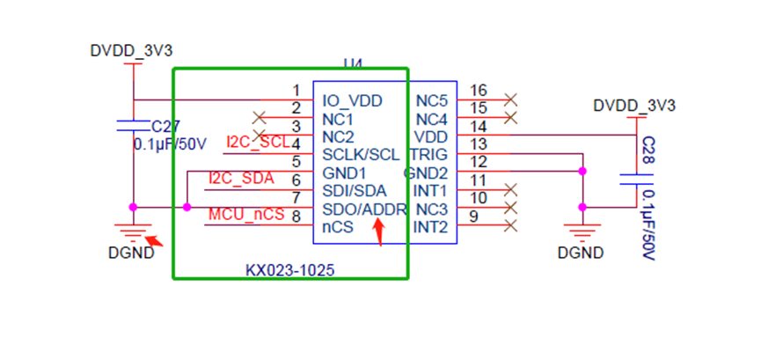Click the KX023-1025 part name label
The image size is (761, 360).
[x=289, y=269]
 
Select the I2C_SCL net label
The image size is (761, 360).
[x=258, y=142]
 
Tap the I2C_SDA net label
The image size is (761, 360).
[x=241, y=179]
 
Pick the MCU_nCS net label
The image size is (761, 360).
[x=245, y=215]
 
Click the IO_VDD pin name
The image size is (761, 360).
[x=352, y=100]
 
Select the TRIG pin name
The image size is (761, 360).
[x=428, y=154]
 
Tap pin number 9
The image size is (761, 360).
[x=475, y=217]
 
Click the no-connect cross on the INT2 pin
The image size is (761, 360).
[x=511, y=227]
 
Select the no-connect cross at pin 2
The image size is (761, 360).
[x=259, y=117]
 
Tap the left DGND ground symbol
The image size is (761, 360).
[x=133, y=232]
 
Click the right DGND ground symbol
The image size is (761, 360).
[x=581, y=234]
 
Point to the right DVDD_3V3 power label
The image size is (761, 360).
[x=634, y=106]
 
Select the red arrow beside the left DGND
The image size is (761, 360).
[x=154, y=239]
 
